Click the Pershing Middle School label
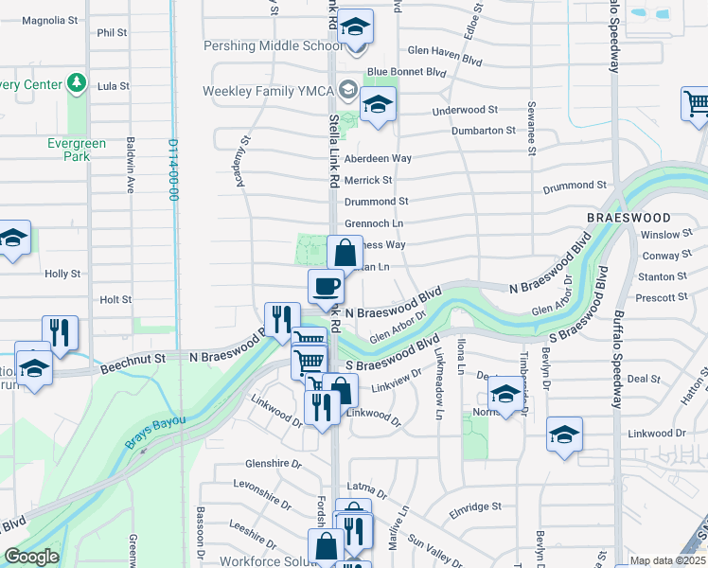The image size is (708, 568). (274, 46)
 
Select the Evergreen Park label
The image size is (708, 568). (77, 150)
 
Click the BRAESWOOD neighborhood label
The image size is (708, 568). (621, 217)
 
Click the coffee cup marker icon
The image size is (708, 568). (327, 286)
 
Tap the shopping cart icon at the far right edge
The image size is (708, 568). (696, 103)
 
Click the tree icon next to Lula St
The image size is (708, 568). (75, 84)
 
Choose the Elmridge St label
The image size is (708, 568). (475, 507)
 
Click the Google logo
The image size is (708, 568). (31, 557)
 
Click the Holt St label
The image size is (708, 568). (115, 299)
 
